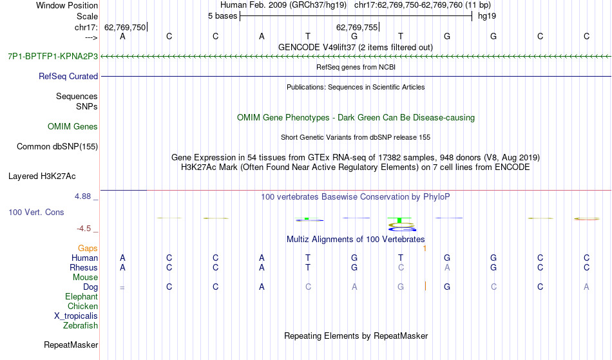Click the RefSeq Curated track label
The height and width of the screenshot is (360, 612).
coord(68,77)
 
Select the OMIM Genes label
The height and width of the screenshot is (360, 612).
coord(73,126)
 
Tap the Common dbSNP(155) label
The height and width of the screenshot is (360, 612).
coord(57,147)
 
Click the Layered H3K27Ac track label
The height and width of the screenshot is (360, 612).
coord(42,176)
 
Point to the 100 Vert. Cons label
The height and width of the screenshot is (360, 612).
coord(36,212)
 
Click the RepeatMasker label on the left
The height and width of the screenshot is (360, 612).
coord(71,345)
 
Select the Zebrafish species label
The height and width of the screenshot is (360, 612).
coord(81,325)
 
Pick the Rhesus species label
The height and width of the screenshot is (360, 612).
coord(84,267)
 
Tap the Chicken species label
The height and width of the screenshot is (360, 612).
coord(82,306)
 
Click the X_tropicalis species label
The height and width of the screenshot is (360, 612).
coord(76,316)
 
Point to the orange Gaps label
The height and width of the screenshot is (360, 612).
coord(88,249)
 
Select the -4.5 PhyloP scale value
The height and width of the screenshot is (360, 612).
coord(84,228)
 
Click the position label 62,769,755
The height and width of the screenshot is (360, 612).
coord(357,27)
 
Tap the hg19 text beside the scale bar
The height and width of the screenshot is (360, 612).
coord(487,16)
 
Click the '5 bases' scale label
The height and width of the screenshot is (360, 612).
coord(222,16)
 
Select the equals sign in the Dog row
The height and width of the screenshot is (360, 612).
coord(122,288)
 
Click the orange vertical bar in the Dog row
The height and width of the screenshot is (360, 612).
coord(425,287)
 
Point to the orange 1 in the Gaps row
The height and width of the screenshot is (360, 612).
coord(425,249)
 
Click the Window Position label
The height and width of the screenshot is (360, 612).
coord(67,5)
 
